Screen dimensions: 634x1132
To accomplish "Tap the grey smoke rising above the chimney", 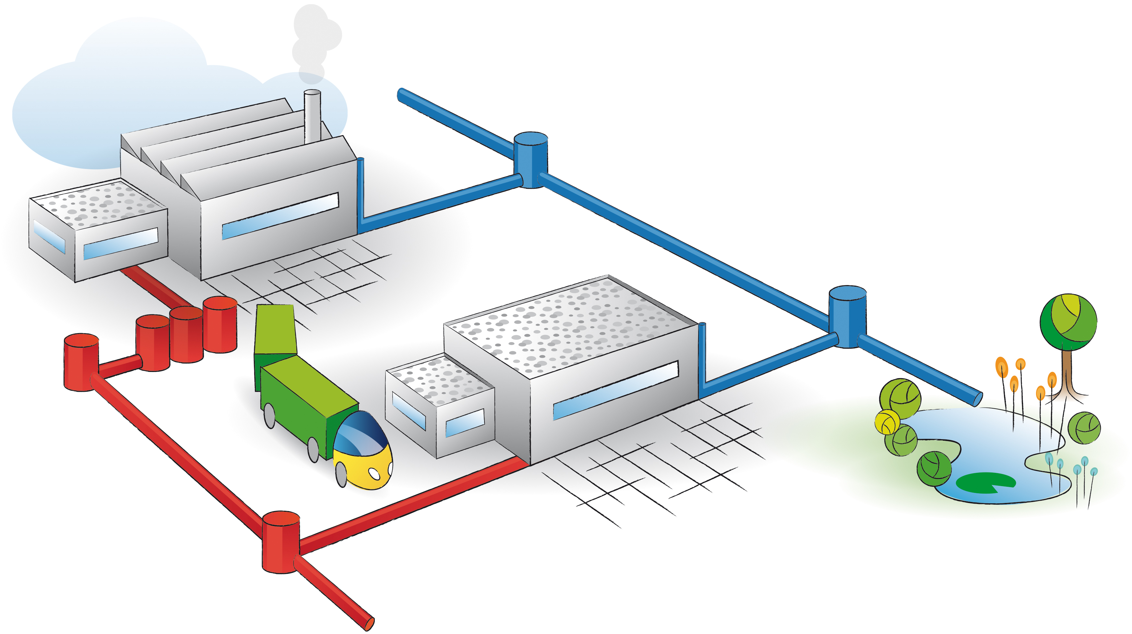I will (x=314, y=40).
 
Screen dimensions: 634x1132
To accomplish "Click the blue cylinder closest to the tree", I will (x=847, y=316).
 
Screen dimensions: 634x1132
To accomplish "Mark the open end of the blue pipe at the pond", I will (x=977, y=399).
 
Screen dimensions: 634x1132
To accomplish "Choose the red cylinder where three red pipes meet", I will (x=281, y=542).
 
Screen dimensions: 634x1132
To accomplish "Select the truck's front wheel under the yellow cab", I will (x=341, y=474).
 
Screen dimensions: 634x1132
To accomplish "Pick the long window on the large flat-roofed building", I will (x=615, y=390).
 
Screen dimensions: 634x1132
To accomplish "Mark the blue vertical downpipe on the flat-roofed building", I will (x=702, y=356).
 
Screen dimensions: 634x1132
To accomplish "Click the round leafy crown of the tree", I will (x=1068, y=322).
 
